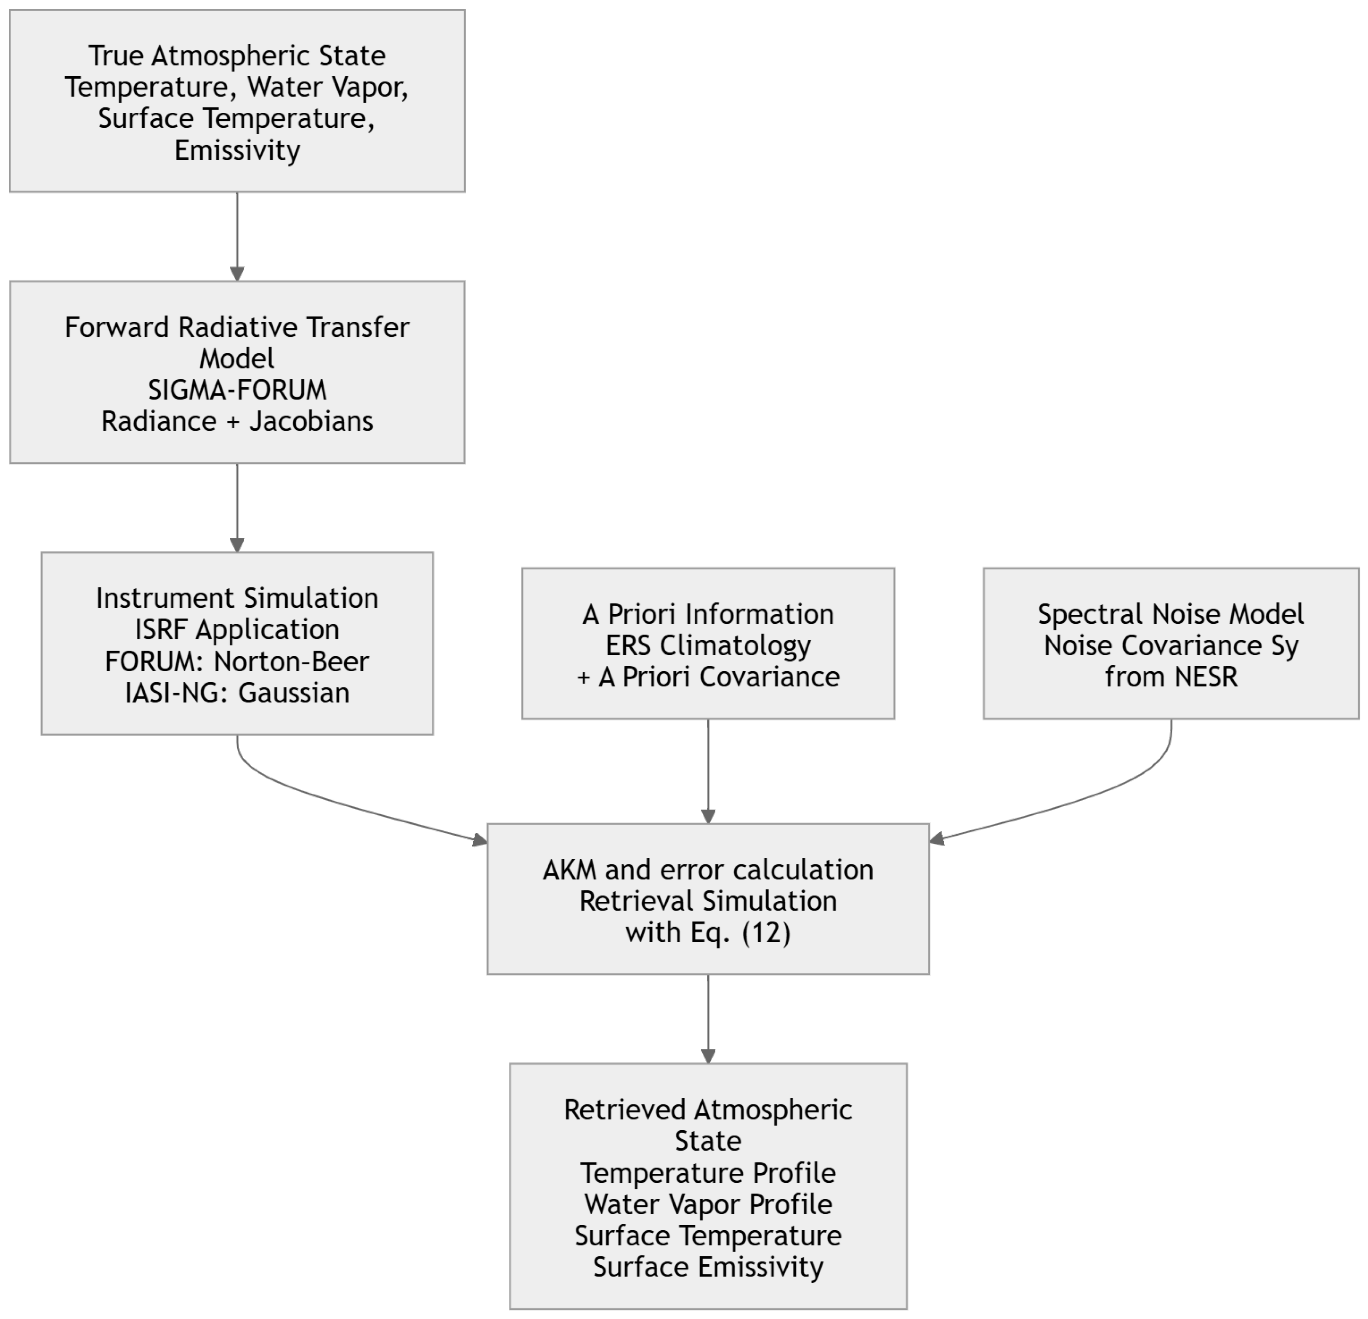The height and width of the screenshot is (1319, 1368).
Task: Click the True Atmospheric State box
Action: pyautogui.click(x=237, y=101)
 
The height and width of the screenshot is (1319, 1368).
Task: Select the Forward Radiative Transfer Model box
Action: pyautogui.click(x=237, y=373)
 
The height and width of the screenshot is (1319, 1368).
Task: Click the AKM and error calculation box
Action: pyautogui.click(x=709, y=899)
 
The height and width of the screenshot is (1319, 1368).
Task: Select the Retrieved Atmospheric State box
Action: pyautogui.click(x=709, y=1186)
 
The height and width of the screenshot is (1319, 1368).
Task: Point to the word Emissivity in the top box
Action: pyautogui.click(x=237, y=151)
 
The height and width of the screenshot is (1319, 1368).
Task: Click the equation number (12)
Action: pyautogui.click(x=766, y=932)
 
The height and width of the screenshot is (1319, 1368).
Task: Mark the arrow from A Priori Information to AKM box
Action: pyautogui.click(x=709, y=771)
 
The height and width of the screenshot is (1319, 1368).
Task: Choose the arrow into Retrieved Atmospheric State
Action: pyautogui.click(x=709, y=1019)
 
